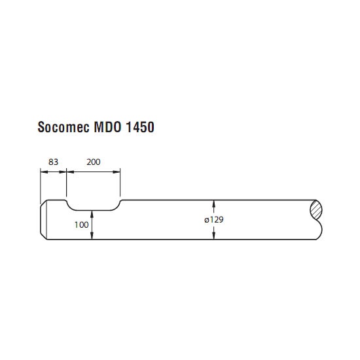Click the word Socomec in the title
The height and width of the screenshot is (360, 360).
tap(63, 127)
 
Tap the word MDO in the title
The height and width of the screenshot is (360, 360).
tap(107, 127)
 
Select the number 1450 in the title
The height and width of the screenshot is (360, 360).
tap(140, 127)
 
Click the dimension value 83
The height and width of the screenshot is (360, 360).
tap(53, 162)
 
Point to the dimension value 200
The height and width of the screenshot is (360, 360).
tap(94, 162)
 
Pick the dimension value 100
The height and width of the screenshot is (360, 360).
tap(81, 225)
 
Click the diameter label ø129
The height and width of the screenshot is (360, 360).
tap(214, 220)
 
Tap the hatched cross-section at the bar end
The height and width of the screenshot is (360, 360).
tap(316, 210)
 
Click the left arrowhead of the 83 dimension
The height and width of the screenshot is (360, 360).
tap(44, 171)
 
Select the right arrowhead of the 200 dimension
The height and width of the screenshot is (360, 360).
tap(117, 171)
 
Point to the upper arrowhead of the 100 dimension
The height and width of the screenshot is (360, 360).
tap(92, 214)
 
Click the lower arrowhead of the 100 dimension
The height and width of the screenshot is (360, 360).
tap(92, 236)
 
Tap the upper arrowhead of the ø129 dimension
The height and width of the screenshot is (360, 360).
tap(214, 204)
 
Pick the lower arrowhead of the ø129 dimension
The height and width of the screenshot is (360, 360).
tap(214, 236)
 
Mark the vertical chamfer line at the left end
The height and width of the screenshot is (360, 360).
tap(46, 220)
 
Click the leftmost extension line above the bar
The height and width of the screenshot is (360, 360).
tap(41, 186)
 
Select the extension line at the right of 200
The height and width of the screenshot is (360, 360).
tap(120, 183)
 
